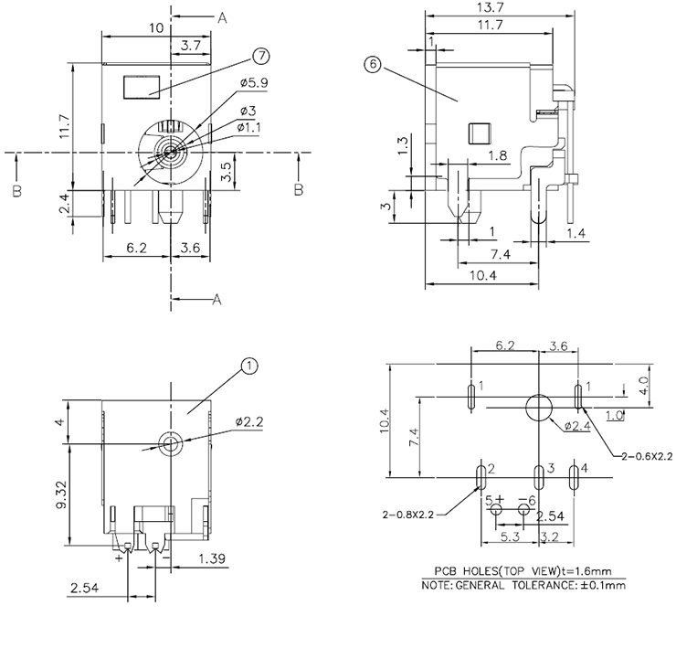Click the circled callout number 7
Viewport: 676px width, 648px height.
tap(262, 57)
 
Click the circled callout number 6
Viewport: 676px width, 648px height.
tap(371, 64)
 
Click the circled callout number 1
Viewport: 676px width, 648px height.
tap(249, 366)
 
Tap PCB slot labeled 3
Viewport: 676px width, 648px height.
tap(536, 475)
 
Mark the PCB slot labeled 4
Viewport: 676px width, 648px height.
tap(574, 475)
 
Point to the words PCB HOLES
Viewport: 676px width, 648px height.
tap(463, 568)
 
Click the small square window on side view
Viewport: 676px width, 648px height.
tap(475, 133)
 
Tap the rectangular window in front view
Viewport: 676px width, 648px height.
tap(142, 88)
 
